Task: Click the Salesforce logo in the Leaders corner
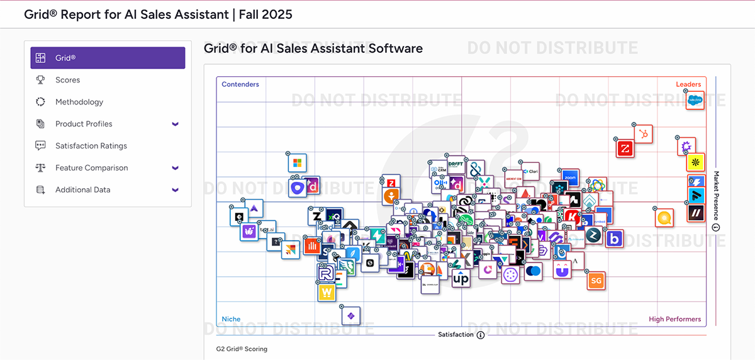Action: tap(695, 100)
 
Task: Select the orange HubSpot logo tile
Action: tap(643, 134)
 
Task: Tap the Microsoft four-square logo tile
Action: tap(297, 164)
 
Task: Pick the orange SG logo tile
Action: tap(596, 281)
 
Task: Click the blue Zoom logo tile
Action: tap(570, 178)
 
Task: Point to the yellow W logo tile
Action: tap(326, 292)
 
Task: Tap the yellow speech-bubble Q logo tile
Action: tap(664, 218)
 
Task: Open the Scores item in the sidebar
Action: tap(67, 80)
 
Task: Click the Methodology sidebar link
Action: tap(79, 102)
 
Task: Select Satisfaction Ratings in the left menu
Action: tap(91, 146)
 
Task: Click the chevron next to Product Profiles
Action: tap(176, 124)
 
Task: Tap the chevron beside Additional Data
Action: tap(176, 190)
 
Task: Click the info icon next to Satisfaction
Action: tap(481, 335)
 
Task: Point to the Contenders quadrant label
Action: tap(240, 84)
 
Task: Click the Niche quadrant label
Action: tap(231, 319)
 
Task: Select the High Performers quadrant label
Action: tap(674, 319)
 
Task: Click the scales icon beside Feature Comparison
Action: tap(40, 168)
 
